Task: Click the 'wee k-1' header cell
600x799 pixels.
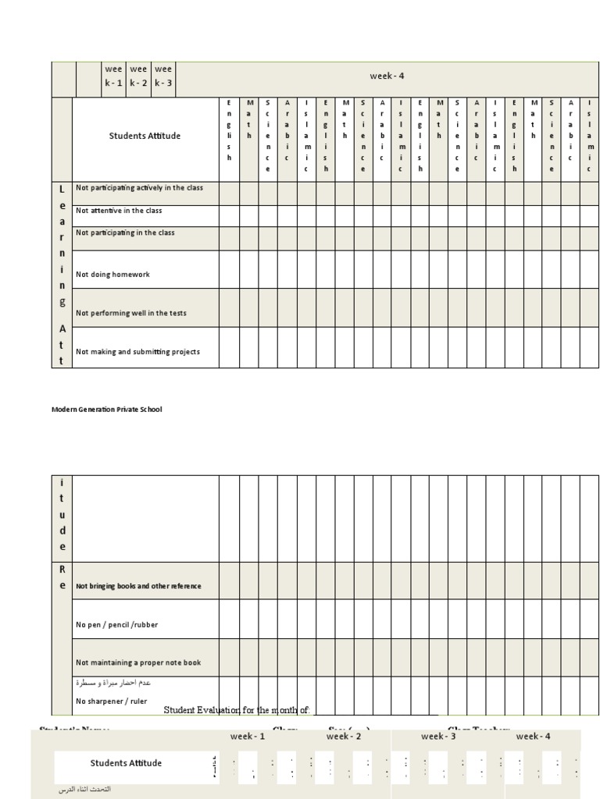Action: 114,76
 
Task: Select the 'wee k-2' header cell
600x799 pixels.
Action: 138,76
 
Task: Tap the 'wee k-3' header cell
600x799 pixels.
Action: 163,76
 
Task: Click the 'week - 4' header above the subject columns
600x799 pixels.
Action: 387,76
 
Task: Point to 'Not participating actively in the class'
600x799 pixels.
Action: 139,188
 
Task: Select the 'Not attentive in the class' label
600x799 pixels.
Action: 118,211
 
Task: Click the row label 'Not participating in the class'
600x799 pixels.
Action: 125,233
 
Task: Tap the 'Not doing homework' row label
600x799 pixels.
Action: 112,275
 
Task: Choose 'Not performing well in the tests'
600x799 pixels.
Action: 130,313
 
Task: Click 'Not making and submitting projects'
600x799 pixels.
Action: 137,352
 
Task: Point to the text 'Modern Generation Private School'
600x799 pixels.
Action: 107,409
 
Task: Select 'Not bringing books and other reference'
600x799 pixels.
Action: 138,586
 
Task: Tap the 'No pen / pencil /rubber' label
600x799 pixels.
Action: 116,625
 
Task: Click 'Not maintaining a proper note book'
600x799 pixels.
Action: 138,662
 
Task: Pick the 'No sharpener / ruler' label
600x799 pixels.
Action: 112,701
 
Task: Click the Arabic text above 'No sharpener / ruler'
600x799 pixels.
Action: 113,683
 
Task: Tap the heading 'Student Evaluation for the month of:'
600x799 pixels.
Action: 237,710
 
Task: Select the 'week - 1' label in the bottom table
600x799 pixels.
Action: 248,736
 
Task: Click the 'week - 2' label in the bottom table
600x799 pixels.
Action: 344,736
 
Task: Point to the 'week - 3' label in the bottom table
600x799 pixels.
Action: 438,736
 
